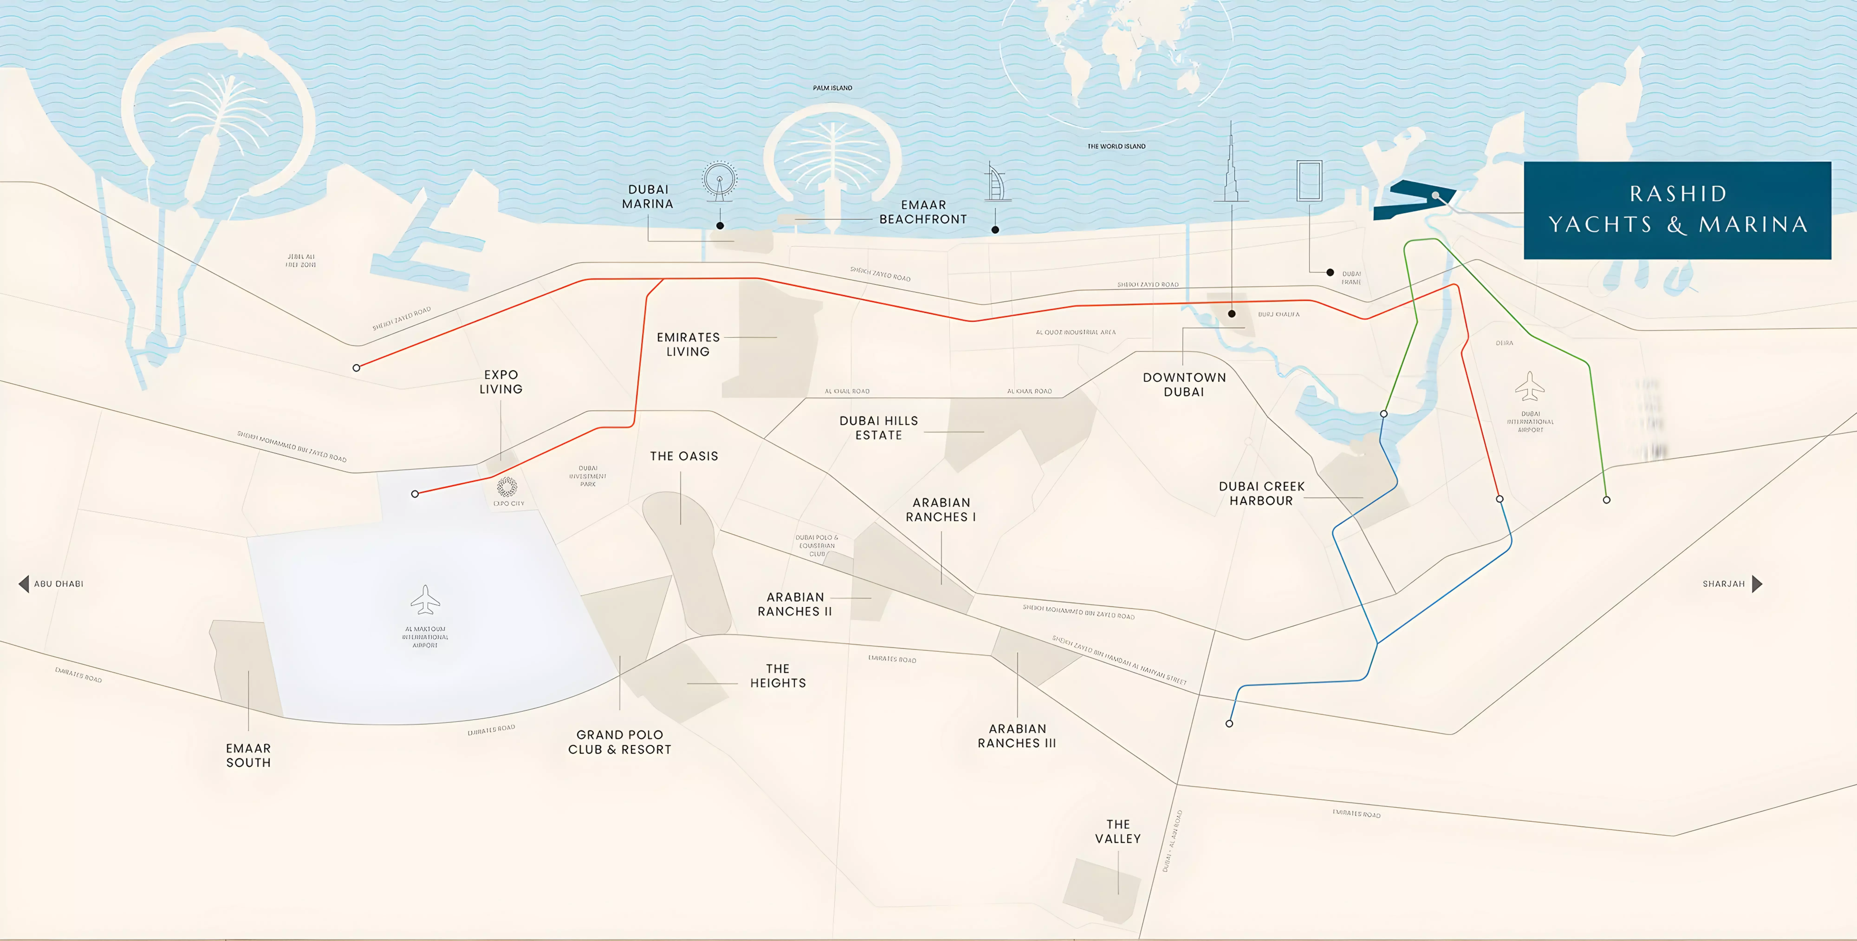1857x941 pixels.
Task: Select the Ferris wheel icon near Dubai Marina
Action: pyautogui.click(x=719, y=180)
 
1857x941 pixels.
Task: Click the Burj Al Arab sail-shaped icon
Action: pyautogui.click(x=996, y=182)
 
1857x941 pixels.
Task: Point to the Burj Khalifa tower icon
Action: pyautogui.click(x=1231, y=166)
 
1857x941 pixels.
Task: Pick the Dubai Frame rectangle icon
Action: pyautogui.click(x=1309, y=180)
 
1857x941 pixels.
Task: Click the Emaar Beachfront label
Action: pyautogui.click(x=923, y=212)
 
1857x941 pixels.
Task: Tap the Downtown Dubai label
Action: pyautogui.click(x=1184, y=384)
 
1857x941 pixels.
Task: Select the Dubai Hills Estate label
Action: pyautogui.click(x=879, y=428)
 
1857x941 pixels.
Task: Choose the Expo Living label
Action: pyautogui.click(x=501, y=382)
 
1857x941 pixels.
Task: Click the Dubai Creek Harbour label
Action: pyautogui.click(x=1262, y=493)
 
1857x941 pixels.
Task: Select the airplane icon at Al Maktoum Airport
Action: pyautogui.click(x=425, y=599)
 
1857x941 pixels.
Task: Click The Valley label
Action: pyautogui.click(x=1118, y=831)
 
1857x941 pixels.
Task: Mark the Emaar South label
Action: pyautogui.click(x=249, y=755)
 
